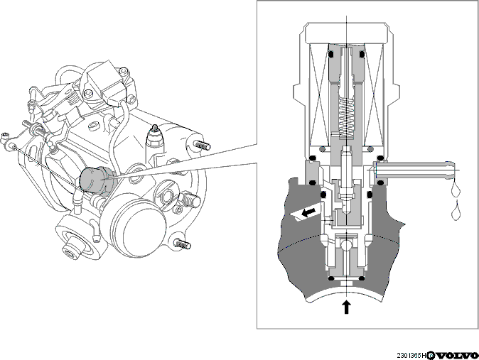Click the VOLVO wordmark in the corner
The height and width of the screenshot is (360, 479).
coord(453,356)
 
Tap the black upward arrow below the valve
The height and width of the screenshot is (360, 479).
coord(346,307)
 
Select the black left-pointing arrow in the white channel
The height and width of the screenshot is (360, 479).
coord(308,212)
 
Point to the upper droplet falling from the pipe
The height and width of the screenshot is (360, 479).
coord(455,190)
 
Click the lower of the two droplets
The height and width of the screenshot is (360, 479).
coord(456,212)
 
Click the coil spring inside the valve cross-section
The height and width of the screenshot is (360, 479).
coord(346,119)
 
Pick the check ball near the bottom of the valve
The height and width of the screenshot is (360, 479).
coord(346,244)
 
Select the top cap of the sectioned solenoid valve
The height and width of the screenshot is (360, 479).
coord(346,33)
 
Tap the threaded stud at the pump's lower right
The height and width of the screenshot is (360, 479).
coord(183,244)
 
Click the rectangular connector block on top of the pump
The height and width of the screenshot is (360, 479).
coord(104,82)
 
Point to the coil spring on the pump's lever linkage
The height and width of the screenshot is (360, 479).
coord(72,97)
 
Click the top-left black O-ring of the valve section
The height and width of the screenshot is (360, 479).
coord(330,55)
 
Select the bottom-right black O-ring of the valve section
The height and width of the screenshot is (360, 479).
coord(362,278)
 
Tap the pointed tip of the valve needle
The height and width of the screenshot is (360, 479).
coord(346,212)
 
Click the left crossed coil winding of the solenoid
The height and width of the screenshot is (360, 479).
coord(319,94)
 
